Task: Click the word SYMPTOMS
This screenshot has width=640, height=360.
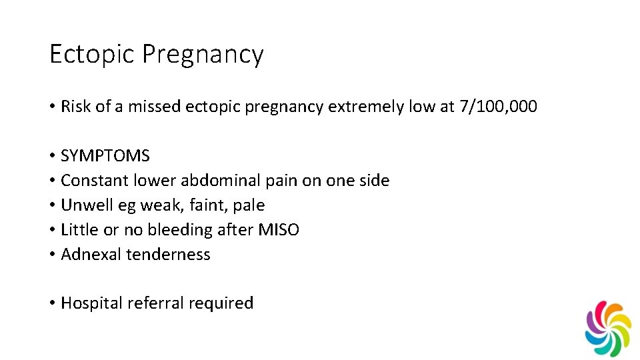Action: click(105, 156)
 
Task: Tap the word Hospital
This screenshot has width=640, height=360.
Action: click(89, 303)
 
